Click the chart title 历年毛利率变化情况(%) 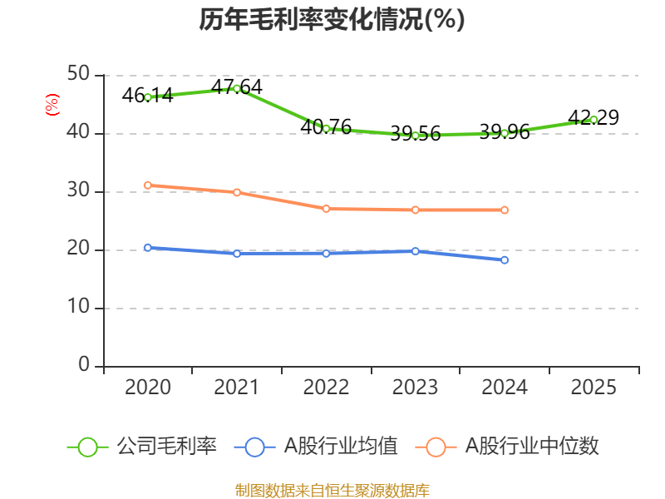click(332, 19)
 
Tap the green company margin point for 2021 click(237, 88)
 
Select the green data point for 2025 click(594, 120)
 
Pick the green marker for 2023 click(415, 135)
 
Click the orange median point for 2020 click(148, 185)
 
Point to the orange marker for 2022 click(326, 209)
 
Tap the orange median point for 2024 click(505, 210)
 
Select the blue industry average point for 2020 click(148, 247)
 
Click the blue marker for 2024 click(505, 260)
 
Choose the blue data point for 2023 click(415, 250)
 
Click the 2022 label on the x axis click(326, 388)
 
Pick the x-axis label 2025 click(594, 388)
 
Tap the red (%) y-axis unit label click(52, 105)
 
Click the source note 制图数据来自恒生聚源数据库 click(332, 490)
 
